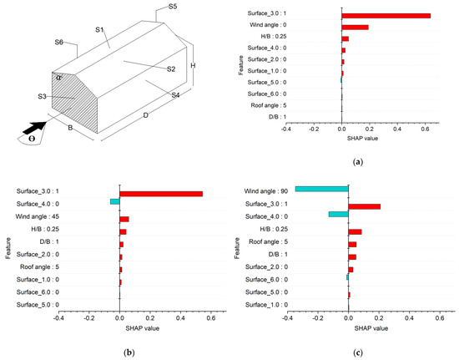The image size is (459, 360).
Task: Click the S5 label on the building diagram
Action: (x=172, y=7)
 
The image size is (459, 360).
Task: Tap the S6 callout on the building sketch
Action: (x=60, y=42)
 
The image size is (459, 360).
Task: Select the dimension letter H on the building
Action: (x=193, y=65)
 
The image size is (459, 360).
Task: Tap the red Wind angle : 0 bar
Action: (x=355, y=28)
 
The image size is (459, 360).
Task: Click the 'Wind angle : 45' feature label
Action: (x=81, y=218)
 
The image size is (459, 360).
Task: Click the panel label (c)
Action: (x=358, y=353)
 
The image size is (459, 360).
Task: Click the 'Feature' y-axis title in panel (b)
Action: (x=8, y=248)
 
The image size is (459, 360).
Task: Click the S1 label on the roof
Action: (x=98, y=30)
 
